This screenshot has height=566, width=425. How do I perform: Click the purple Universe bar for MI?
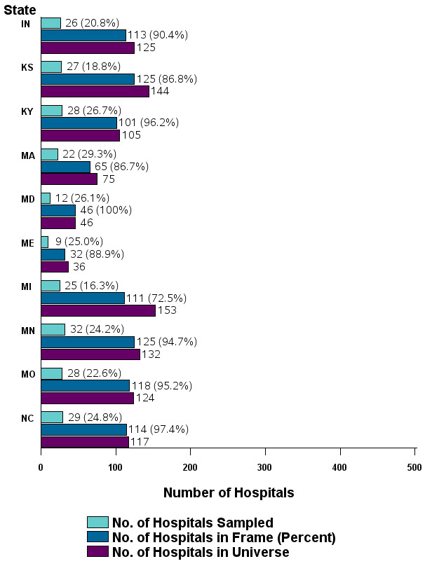click(x=98, y=310)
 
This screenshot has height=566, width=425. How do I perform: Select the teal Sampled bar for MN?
click(x=53, y=329)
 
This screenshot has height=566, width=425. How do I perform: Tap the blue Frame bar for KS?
click(x=88, y=79)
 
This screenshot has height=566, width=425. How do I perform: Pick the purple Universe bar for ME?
click(x=55, y=267)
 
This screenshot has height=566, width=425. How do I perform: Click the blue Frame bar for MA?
click(x=65, y=167)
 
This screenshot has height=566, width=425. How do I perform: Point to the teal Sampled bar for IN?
click(x=50, y=23)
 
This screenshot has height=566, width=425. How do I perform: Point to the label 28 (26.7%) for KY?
click(x=94, y=111)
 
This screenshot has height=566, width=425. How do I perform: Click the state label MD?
click(x=28, y=198)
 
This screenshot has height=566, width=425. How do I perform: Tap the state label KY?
click(x=28, y=111)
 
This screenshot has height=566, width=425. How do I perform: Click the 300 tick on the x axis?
click(x=265, y=467)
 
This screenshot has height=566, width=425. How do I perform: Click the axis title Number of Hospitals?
click(x=229, y=492)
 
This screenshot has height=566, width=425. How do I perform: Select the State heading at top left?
click(x=20, y=9)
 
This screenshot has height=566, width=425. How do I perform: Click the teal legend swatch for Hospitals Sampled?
click(x=97, y=522)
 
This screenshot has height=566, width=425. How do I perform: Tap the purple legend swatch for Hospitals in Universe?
click(x=97, y=553)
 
